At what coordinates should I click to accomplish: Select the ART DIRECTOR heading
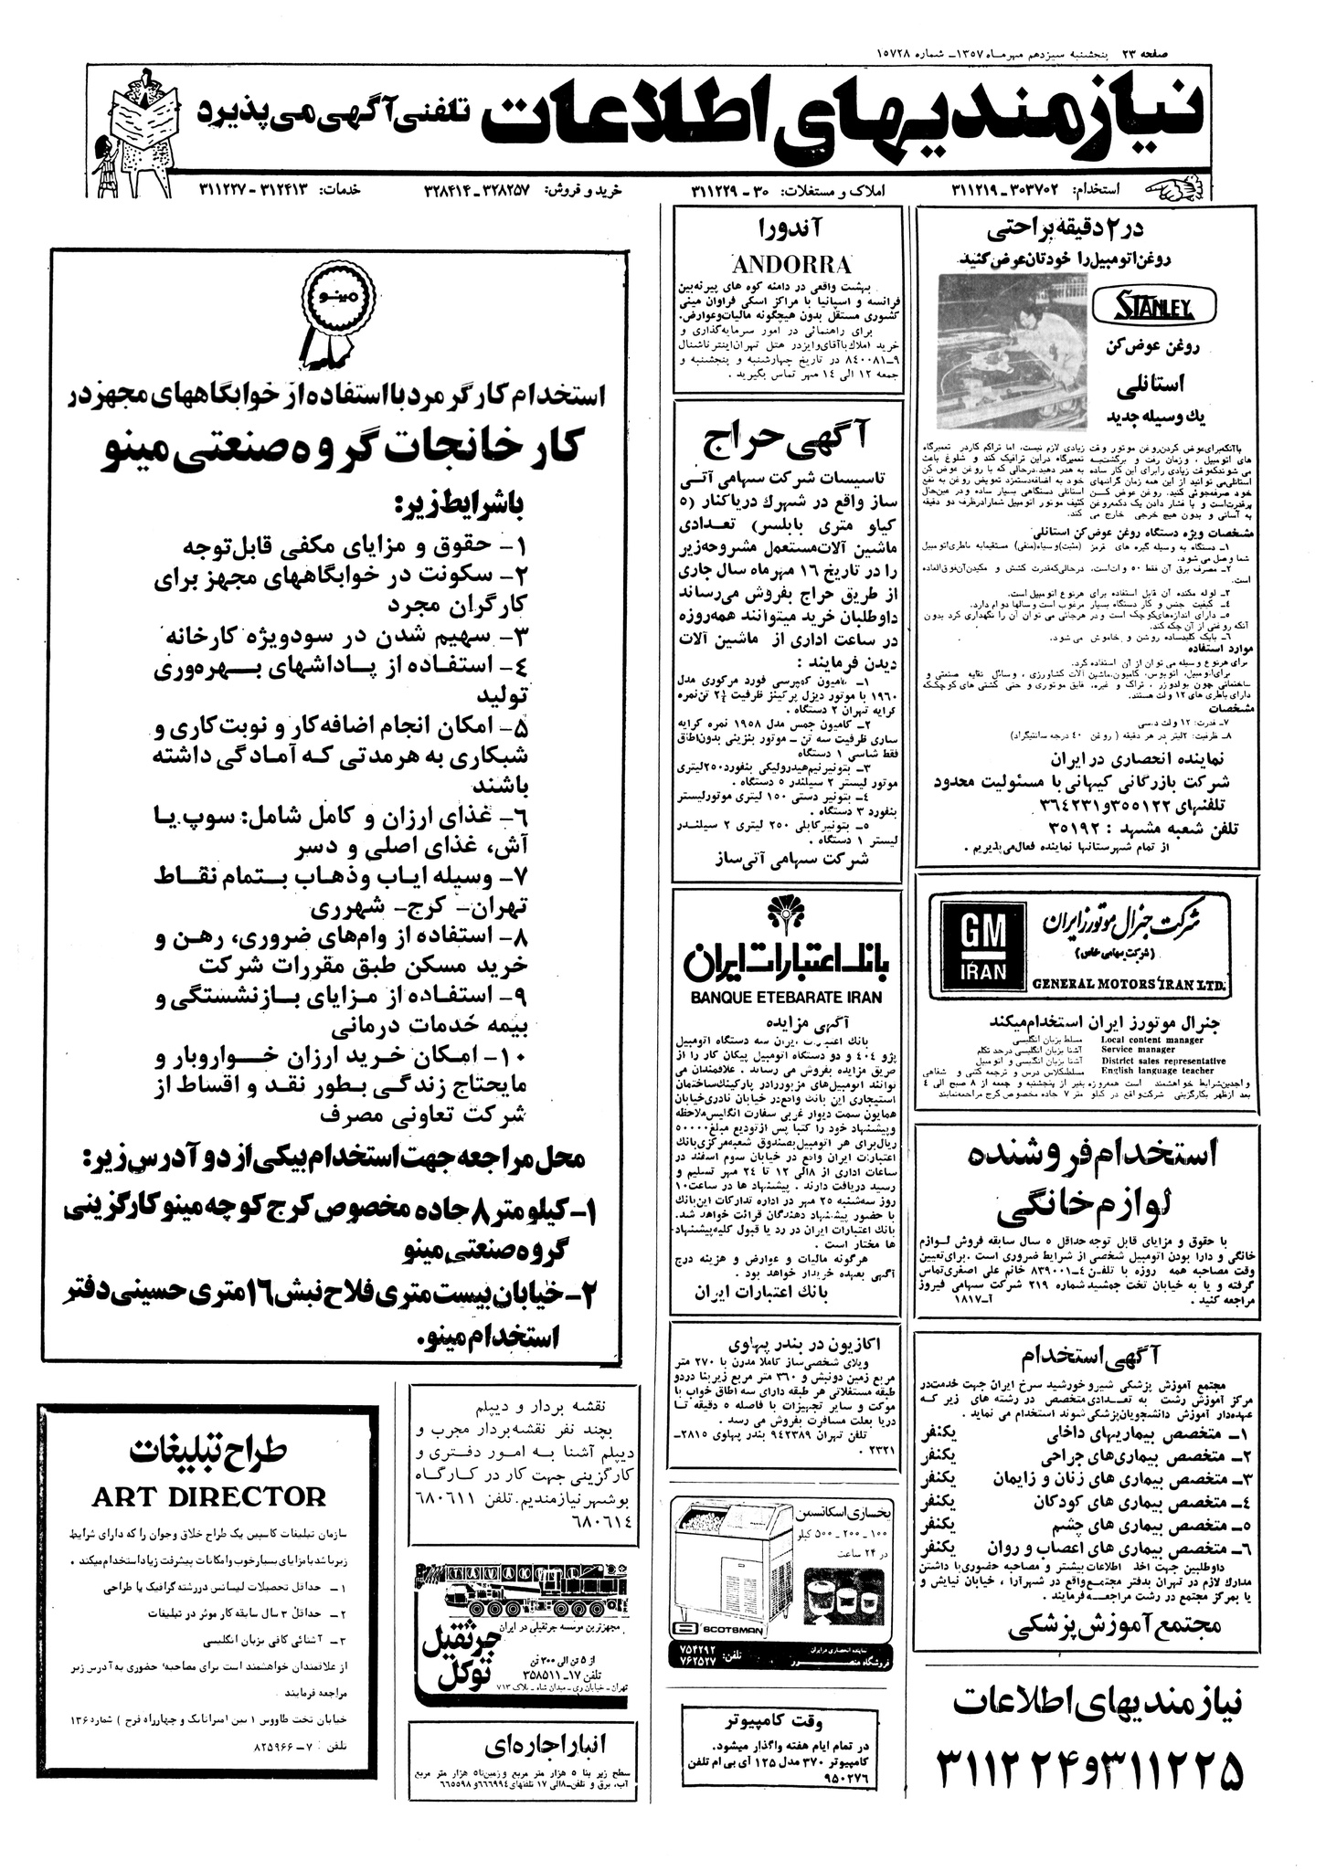pos(209,1496)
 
